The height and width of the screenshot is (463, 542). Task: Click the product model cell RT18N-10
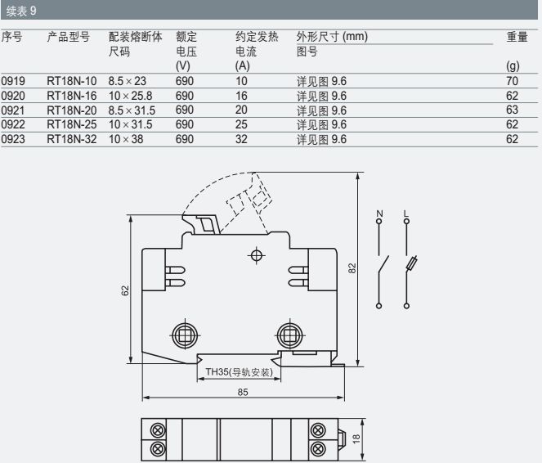[72, 81]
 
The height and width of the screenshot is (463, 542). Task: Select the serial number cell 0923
[13, 139]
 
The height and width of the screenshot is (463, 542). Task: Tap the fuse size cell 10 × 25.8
[130, 96]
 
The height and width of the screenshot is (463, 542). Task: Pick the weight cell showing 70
[512, 81]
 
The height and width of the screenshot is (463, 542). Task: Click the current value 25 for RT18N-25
[241, 124]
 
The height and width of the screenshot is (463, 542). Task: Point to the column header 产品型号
[69, 37]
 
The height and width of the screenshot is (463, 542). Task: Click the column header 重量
[517, 37]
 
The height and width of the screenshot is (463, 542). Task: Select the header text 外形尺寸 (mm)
[332, 37]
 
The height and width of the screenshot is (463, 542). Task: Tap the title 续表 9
[21, 11]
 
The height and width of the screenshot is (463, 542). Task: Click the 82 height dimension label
[352, 268]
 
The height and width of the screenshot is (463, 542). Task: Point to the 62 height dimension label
[125, 290]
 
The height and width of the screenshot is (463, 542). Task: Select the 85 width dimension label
[243, 392]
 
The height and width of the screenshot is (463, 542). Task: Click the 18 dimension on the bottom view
[356, 439]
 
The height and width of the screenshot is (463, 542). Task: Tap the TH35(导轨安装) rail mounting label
[240, 372]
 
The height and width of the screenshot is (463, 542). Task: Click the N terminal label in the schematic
[379, 214]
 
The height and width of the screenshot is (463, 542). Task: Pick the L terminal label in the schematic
[406, 214]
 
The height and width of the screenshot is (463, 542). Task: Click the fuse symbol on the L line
[412, 263]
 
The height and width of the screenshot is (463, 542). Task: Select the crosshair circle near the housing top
[256, 255]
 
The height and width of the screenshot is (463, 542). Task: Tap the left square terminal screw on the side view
[185, 335]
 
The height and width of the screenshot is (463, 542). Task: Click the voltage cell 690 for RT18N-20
[184, 110]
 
